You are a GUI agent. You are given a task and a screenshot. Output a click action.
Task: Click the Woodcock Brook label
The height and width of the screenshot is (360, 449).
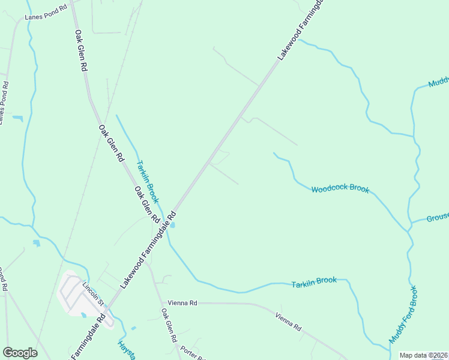[340, 189]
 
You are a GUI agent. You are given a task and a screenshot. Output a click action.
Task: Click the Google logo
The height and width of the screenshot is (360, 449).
[20, 353]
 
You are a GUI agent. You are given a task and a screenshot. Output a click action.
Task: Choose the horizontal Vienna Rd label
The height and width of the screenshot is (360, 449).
[182, 303]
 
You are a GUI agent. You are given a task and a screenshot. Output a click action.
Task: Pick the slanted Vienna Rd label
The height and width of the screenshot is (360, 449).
[289, 322]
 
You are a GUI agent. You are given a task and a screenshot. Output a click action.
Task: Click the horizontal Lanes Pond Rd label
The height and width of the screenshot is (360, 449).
[46, 14]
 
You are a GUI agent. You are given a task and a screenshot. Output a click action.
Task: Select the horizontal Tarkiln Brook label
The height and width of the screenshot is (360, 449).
[314, 282]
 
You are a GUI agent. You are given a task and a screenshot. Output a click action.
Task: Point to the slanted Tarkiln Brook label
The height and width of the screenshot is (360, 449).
[147, 181]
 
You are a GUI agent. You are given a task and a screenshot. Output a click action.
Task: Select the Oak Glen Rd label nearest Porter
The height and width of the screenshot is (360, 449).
[168, 326]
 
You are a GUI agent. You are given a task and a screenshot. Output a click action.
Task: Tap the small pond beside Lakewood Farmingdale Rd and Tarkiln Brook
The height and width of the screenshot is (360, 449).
[173, 225]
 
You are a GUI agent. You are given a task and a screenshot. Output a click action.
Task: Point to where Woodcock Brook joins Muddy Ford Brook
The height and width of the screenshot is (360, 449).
[411, 230]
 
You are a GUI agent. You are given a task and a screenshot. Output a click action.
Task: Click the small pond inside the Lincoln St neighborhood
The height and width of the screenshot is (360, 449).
[83, 314]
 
